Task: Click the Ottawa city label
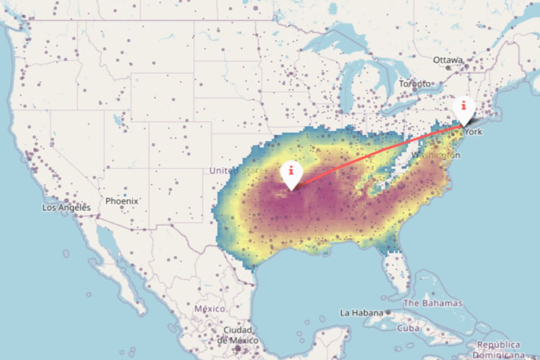click(448, 60)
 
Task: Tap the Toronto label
click(414, 84)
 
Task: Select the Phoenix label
click(121, 201)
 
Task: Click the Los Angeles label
click(67, 208)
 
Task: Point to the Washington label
click(436, 155)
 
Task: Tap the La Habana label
click(361, 312)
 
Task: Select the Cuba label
click(408, 328)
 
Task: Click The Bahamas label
click(432, 303)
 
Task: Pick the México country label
click(209, 309)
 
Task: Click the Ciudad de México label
click(237, 335)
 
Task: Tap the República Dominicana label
click(498, 349)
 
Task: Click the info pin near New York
click(463, 107)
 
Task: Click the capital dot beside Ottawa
click(448, 68)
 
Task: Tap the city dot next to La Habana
click(388, 312)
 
